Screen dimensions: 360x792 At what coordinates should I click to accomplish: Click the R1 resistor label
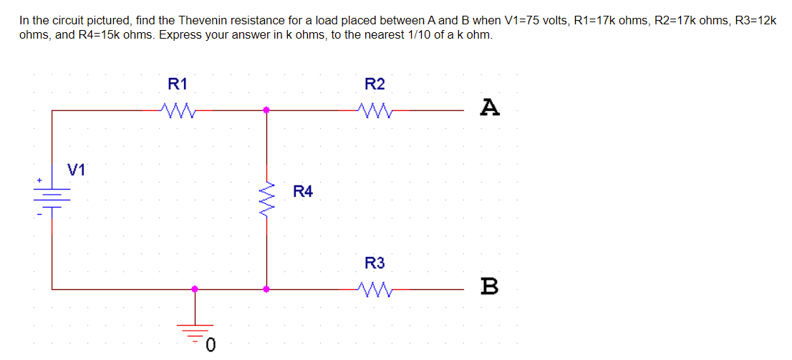click(177, 84)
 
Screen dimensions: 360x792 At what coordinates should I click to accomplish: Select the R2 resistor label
click(375, 84)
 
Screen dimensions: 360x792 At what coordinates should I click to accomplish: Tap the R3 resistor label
click(375, 263)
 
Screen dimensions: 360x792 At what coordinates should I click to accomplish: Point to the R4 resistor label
click(303, 192)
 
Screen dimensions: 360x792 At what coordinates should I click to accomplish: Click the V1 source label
click(76, 170)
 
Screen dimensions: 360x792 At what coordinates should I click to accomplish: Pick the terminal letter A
click(490, 108)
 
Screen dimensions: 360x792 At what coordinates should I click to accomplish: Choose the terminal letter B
click(490, 288)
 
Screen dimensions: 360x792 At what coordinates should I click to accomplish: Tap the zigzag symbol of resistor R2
click(375, 110)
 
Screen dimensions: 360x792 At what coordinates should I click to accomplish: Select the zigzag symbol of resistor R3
click(375, 289)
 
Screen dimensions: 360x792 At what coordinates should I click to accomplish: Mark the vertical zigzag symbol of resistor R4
click(267, 199)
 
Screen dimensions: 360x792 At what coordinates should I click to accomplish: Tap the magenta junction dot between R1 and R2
click(266, 110)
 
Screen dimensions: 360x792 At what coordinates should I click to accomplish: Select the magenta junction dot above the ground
click(195, 289)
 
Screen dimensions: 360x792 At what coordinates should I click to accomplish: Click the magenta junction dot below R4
click(266, 289)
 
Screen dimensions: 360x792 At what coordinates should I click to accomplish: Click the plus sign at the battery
click(40, 180)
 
